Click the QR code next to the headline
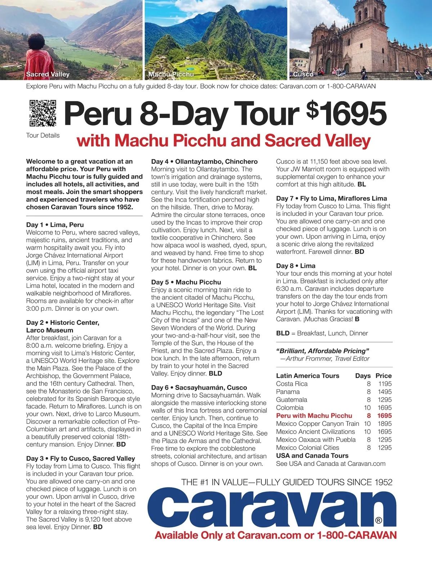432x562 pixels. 43,113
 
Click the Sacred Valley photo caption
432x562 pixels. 48,74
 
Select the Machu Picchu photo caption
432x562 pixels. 171,74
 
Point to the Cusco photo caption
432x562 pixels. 303,74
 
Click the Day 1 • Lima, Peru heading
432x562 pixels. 55,225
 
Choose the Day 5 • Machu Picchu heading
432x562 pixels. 186,282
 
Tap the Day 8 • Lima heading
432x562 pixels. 296,266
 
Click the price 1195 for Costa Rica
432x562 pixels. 384,384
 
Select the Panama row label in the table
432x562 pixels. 288,392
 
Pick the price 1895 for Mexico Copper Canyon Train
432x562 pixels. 384,424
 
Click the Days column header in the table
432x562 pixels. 363,376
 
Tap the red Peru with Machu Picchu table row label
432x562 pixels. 314,416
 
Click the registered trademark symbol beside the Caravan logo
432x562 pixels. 378,520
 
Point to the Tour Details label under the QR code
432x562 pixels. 43,136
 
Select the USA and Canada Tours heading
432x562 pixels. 312,456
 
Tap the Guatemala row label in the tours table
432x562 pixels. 292,400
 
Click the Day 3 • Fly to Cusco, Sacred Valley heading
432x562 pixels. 80,458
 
